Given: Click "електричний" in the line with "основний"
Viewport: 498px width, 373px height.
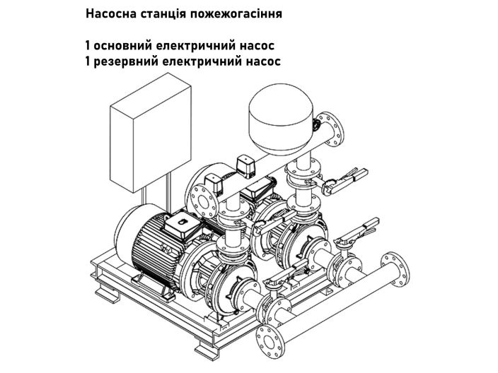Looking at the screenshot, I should coord(196,47).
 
